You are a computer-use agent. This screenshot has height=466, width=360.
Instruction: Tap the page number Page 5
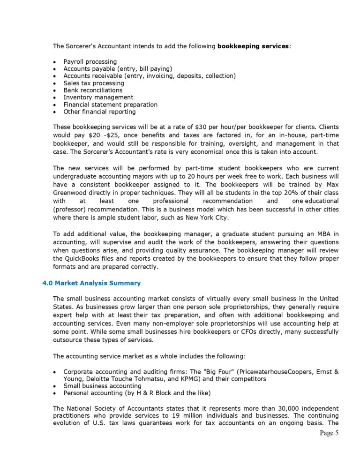tap(329, 433)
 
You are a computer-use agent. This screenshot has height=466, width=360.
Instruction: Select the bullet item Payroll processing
tap(90, 61)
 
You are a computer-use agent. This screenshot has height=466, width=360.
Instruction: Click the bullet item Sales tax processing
tap(94, 83)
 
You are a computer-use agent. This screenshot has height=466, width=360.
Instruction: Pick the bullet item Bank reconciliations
tap(93, 90)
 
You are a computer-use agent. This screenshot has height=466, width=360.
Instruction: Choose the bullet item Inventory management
tap(98, 97)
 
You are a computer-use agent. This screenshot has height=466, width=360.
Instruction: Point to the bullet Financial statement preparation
tap(110, 105)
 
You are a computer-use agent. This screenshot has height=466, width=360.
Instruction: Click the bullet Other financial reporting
tap(99, 112)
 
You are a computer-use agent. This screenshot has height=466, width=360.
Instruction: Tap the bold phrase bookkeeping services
tap(253, 46)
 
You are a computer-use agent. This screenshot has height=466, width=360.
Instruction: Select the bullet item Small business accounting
tap(102, 386)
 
